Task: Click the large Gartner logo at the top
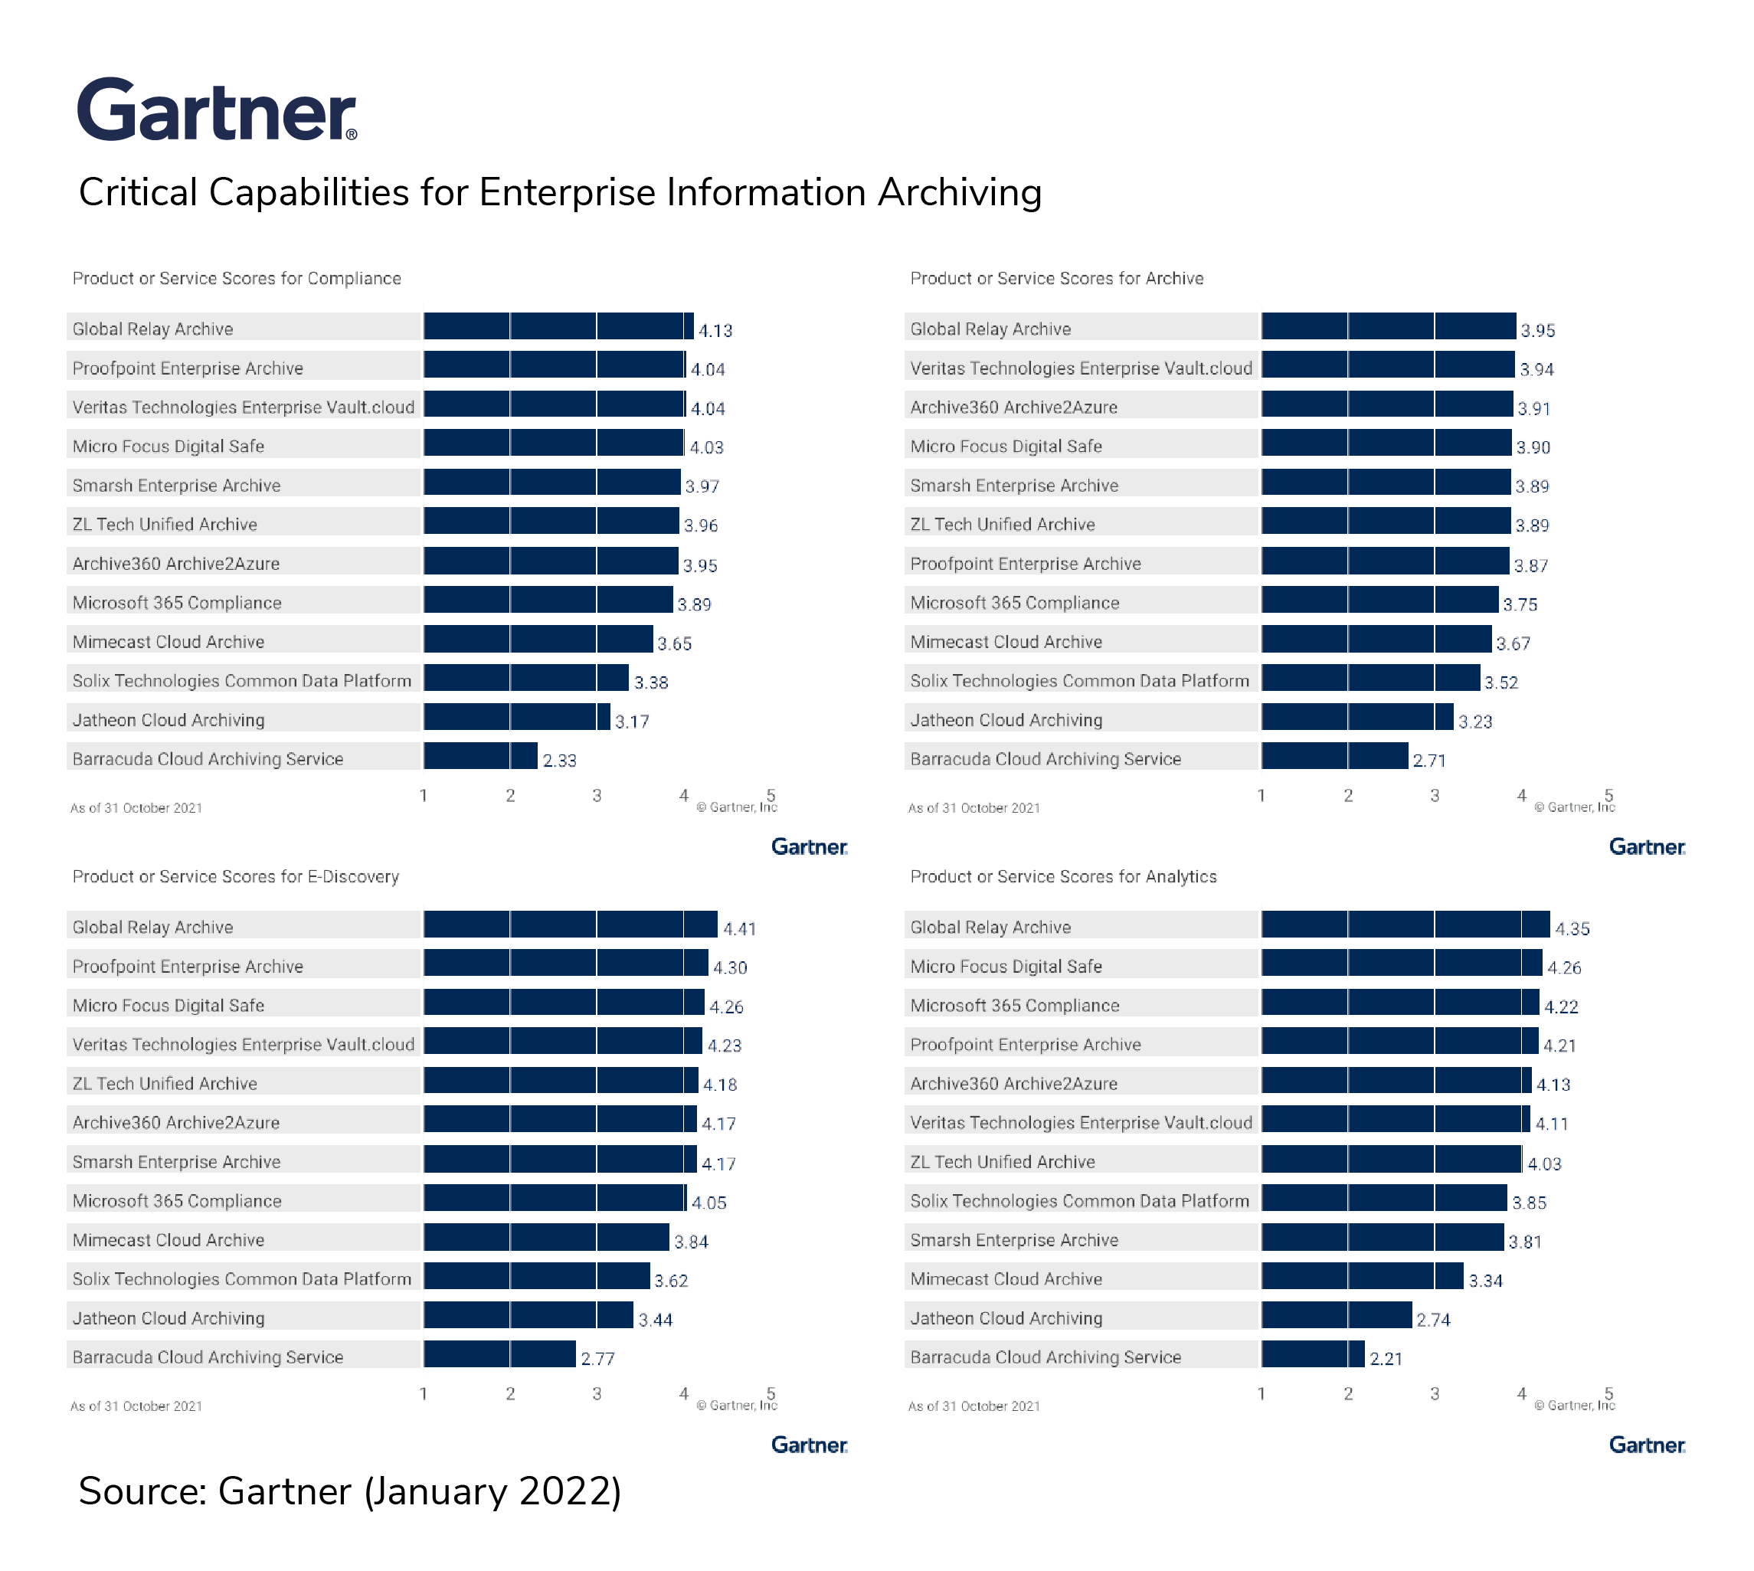coord(217,110)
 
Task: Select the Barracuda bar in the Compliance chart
coord(480,756)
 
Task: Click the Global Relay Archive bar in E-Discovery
coord(570,925)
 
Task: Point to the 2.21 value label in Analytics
coord(1386,1359)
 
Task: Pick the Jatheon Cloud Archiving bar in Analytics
coord(1337,1315)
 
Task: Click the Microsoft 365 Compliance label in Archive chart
coord(1014,603)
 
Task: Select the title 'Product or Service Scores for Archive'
coord(1056,278)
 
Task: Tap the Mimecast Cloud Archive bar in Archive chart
coord(1376,640)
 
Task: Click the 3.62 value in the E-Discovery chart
coord(671,1281)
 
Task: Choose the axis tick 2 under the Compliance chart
coord(510,795)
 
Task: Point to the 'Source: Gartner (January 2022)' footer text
coord(349,1491)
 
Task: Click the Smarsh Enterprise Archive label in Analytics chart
coord(1014,1239)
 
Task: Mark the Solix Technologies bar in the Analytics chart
coord(1384,1198)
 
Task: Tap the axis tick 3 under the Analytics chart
coord(1435,1393)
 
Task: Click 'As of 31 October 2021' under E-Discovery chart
coord(136,1406)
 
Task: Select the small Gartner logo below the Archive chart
coord(1647,847)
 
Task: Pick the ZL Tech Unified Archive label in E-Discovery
coord(165,1083)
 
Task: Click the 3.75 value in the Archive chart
coord(1520,604)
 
